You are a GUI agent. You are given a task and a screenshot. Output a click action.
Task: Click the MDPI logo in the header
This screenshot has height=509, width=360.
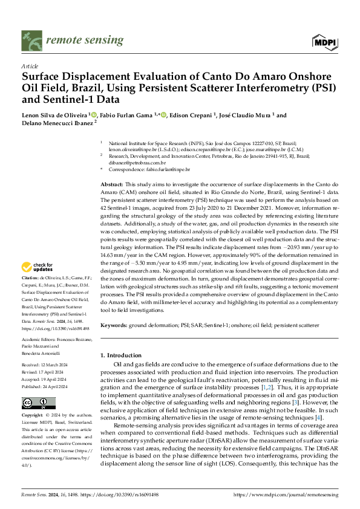[x=324, y=41]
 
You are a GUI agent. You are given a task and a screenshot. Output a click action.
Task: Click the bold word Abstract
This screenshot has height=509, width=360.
[x=112, y=183]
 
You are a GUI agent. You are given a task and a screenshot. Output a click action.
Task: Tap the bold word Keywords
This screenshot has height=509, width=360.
[x=114, y=326]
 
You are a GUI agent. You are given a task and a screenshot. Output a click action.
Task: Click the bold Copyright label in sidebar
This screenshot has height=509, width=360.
[x=33, y=417]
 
